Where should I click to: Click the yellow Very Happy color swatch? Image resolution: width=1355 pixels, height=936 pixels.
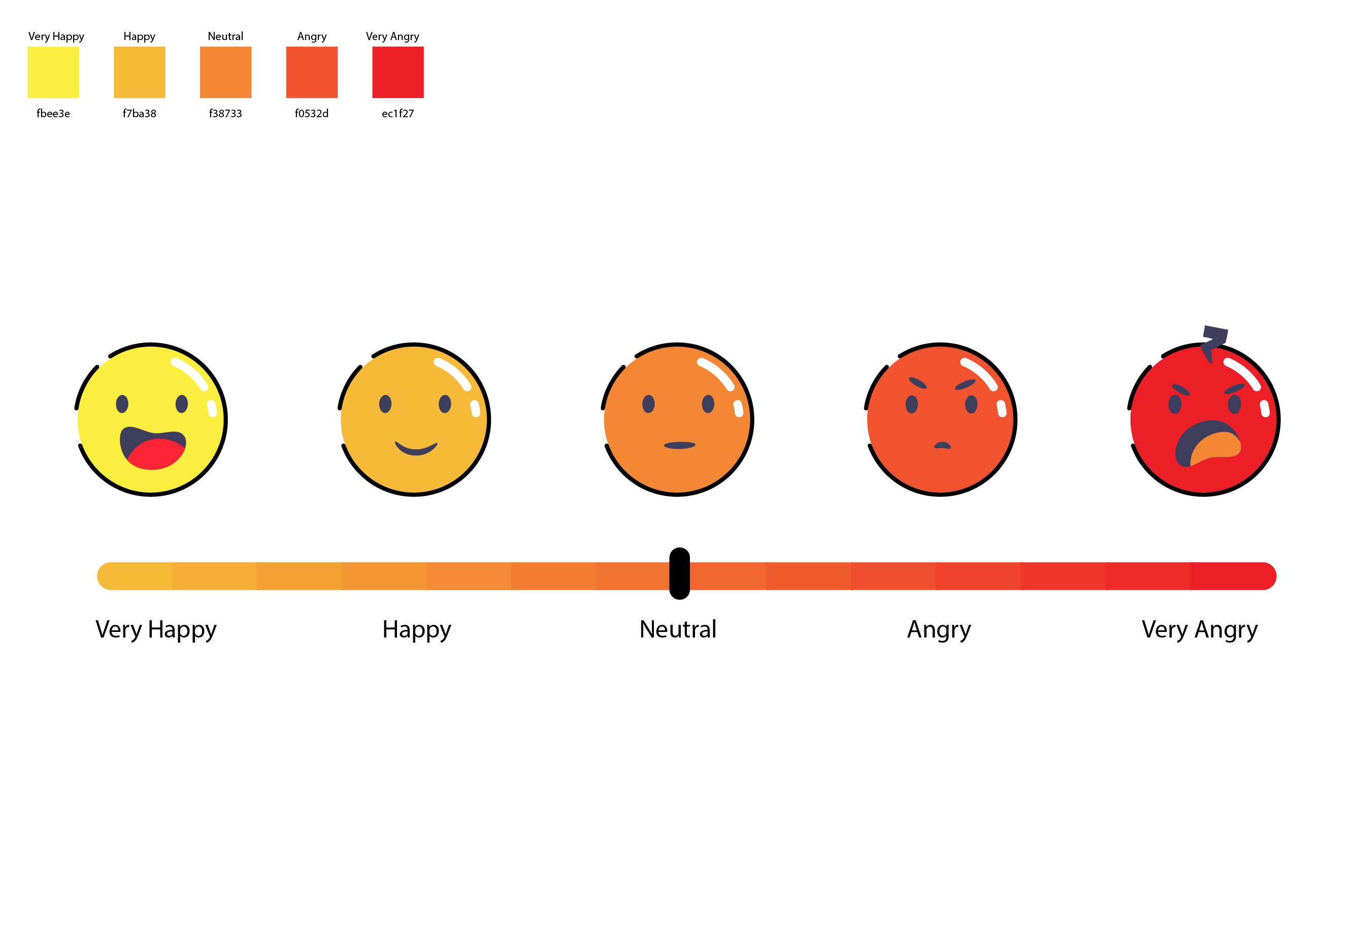point(53,72)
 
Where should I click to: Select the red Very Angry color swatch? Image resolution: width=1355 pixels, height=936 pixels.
point(398,72)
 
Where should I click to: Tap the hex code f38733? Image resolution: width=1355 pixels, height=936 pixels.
point(225,113)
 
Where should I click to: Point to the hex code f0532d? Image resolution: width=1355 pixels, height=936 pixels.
point(312,113)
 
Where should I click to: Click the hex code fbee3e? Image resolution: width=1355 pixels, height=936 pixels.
point(53,113)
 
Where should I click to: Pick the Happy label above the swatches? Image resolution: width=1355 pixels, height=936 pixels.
point(139,37)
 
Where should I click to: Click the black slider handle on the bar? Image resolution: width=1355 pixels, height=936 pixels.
point(679,574)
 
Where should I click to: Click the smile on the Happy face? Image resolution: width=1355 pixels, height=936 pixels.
point(416,449)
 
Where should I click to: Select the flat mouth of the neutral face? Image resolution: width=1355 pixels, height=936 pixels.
point(679,446)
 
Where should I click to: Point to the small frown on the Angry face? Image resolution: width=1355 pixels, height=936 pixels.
point(942,446)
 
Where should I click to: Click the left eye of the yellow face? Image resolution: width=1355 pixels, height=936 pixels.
point(122,404)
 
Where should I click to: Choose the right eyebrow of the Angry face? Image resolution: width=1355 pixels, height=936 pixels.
point(965,385)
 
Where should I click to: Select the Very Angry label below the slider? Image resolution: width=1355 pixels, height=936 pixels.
point(1199,630)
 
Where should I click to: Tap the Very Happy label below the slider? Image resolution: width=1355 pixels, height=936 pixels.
point(156,630)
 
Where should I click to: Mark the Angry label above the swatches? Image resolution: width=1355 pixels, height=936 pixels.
point(312,37)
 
